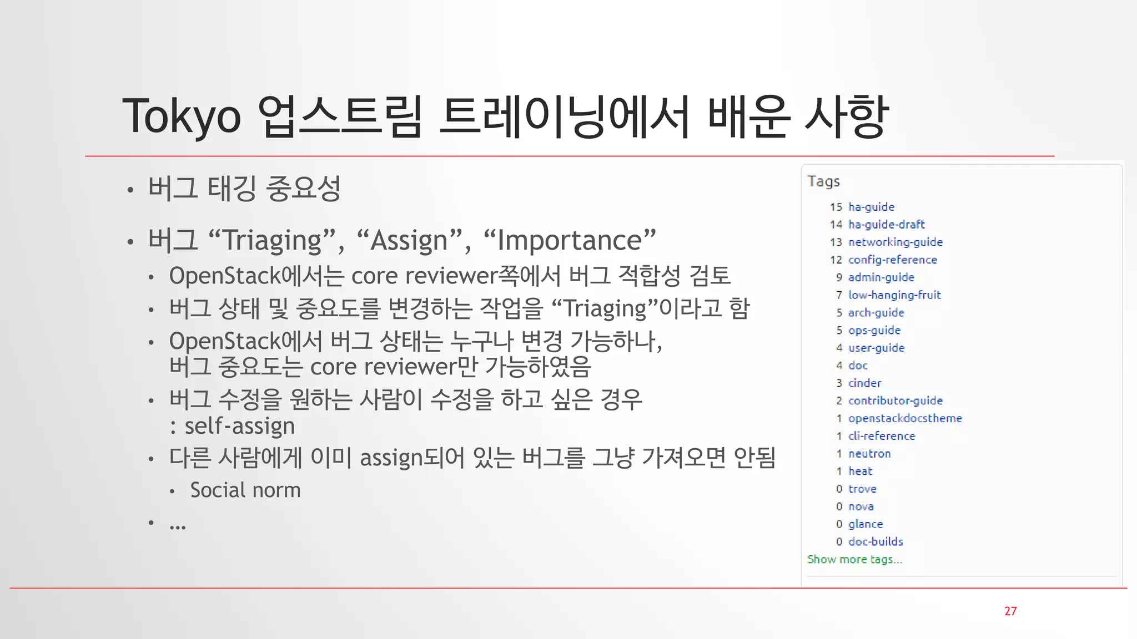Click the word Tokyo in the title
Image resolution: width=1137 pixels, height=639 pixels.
click(x=182, y=116)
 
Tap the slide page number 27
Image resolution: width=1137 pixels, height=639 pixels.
click(x=1010, y=611)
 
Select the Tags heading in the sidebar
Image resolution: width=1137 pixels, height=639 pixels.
click(x=823, y=181)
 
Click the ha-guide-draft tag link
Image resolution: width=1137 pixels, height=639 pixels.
click(x=886, y=224)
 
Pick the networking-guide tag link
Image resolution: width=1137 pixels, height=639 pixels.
click(x=895, y=242)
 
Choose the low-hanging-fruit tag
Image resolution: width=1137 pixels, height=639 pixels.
click(x=894, y=295)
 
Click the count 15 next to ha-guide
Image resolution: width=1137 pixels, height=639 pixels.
click(x=836, y=206)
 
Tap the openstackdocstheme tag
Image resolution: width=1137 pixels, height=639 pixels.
click(x=904, y=418)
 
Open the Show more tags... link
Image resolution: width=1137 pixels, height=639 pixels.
click(x=854, y=559)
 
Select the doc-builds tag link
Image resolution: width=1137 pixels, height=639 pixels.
click(x=876, y=541)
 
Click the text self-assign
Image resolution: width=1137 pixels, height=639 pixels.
click(x=239, y=426)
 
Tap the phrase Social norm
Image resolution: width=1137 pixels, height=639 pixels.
click(x=245, y=490)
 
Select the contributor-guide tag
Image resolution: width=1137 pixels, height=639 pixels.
click(x=895, y=400)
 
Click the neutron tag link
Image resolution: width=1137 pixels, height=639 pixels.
click(x=869, y=453)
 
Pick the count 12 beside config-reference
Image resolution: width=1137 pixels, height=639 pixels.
click(x=836, y=260)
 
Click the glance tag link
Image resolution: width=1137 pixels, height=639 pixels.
click(x=865, y=524)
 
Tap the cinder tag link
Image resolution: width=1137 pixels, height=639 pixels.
click(x=864, y=383)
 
